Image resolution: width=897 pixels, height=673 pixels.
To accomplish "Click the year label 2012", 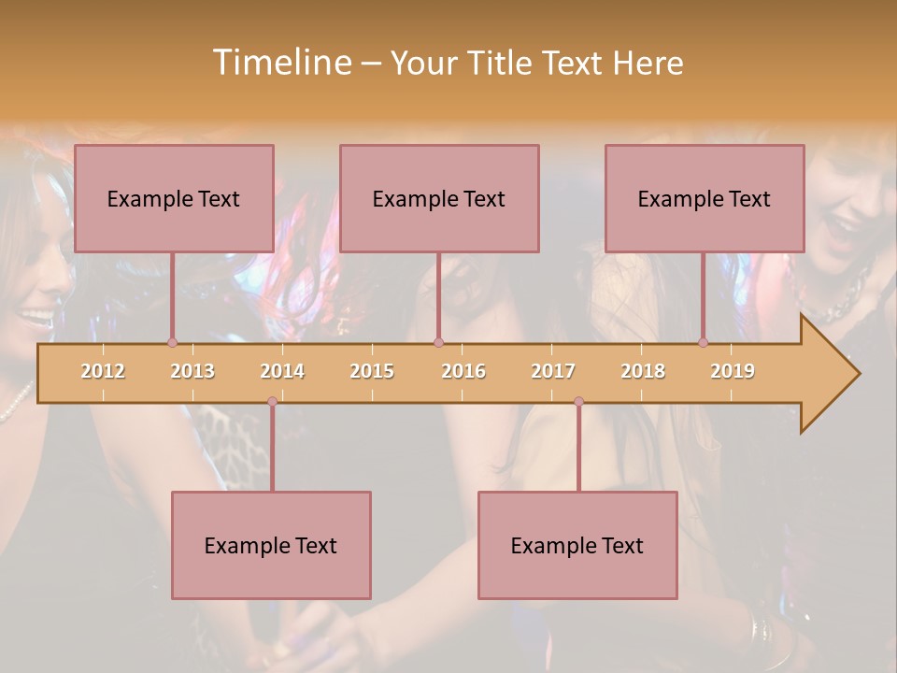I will click(x=103, y=371).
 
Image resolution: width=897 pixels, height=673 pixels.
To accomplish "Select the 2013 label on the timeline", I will click(x=192, y=371).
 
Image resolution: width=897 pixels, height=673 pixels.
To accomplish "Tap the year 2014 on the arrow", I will click(x=282, y=371).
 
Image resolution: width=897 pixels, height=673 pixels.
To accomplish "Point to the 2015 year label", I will click(x=372, y=371).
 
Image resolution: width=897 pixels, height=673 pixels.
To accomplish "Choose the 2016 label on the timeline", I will click(x=463, y=371).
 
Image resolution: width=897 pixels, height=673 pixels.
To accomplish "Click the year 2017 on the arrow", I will click(x=553, y=371).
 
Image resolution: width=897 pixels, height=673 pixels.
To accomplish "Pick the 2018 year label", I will click(x=643, y=371).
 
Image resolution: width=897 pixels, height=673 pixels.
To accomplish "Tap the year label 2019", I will click(x=733, y=371).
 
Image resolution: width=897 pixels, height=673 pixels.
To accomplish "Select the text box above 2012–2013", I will click(x=174, y=198).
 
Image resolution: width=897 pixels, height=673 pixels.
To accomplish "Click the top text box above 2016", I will click(x=439, y=198).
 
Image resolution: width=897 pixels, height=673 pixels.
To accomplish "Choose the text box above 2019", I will click(x=705, y=198).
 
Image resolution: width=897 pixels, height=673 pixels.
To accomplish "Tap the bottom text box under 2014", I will click(x=271, y=545).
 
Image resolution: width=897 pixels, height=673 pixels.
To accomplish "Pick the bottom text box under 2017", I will click(x=577, y=545).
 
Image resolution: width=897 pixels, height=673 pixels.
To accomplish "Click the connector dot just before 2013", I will click(x=172, y=343).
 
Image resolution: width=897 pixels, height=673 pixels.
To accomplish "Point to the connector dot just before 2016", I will click(x=438, y=343).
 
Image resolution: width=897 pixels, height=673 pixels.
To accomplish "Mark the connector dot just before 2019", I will click(x=704, y=343).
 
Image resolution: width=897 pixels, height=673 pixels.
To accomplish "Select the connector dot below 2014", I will click(x=272, y=402).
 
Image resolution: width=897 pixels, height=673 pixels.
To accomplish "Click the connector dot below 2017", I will click(x=578, y=402).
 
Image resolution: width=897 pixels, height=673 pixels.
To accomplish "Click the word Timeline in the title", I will click(x=280, y=63).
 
